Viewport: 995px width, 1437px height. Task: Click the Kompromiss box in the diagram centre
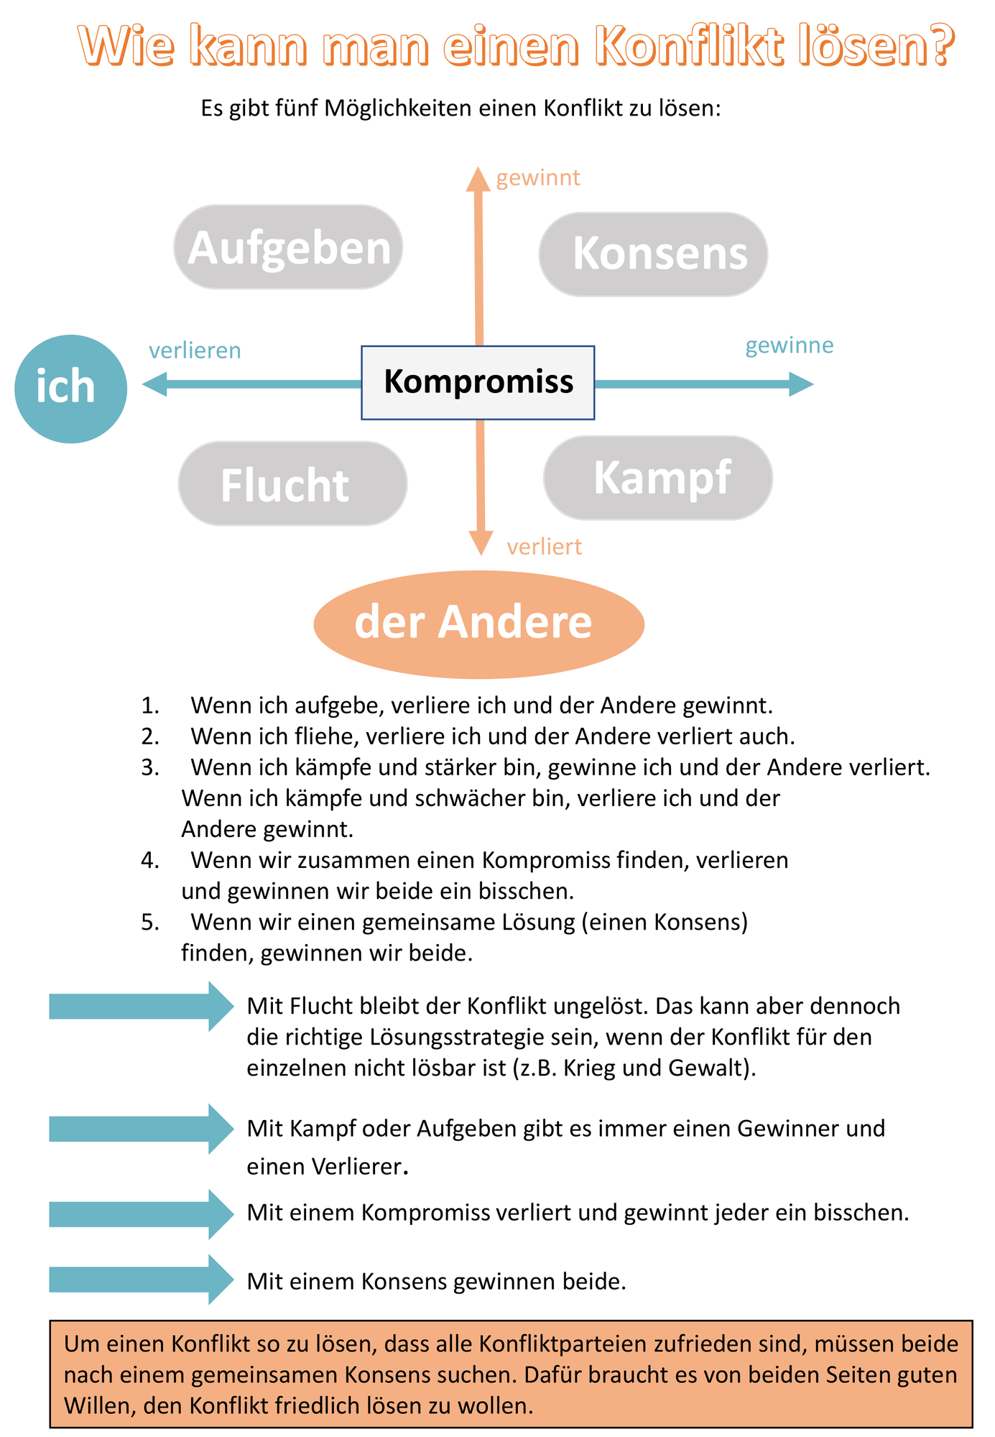[x=478, y=382]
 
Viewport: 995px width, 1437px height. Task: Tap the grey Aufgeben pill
[x=288, y=247]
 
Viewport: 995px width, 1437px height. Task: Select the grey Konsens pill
[x=653, y=254]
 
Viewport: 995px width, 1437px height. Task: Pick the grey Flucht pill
[x=292, y=484]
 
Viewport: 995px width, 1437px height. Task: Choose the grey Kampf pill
[x=658, y=478]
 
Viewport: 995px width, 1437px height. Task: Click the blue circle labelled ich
[x=70, y=389]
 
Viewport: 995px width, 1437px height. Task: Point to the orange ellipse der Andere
[x=479, y=624]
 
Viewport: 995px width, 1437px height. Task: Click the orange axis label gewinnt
[x=538, y=177]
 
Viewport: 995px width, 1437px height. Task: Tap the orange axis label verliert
[x=544, y=547]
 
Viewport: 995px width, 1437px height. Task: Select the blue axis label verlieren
[x=195, y=351]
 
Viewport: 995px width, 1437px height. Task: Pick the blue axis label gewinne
[x=790, y=346]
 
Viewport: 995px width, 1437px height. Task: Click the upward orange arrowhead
[x=478, y=179]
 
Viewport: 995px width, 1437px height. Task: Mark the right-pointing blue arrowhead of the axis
[x=802, y=384]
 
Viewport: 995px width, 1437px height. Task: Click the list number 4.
[x=150, y=860]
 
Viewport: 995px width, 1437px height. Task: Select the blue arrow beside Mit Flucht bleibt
[x=142, y=1007]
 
